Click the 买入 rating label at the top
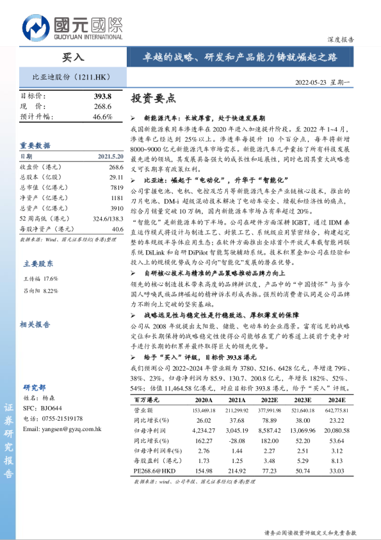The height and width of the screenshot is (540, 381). coord(72,57)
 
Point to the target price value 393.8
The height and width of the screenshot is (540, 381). coord(102,96)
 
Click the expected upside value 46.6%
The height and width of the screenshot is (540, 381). coord(102,116)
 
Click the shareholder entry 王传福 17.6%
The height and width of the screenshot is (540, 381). coord(41,279)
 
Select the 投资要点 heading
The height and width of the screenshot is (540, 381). coord(152,98)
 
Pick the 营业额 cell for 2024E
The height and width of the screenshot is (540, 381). coord(336,409)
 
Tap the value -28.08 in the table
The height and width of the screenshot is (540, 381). coord(236,441)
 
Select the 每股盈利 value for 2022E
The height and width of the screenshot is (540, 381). coord(270,461)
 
